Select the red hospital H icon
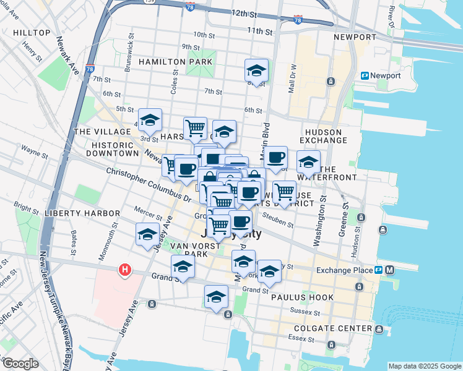coord(125,270)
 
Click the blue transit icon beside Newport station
coord(365,75)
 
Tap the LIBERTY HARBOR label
coord(82,213)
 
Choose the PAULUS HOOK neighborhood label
coord(302,297)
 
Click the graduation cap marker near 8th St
coord(256,70)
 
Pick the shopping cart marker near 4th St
coord(195,128)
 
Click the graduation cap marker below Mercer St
coord(147,235)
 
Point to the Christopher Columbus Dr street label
coord(149,184)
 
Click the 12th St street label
coord(244,13)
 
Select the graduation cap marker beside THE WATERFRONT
coord(308,162)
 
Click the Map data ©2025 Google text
coord(425,366)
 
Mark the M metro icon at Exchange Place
coord(390,270)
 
